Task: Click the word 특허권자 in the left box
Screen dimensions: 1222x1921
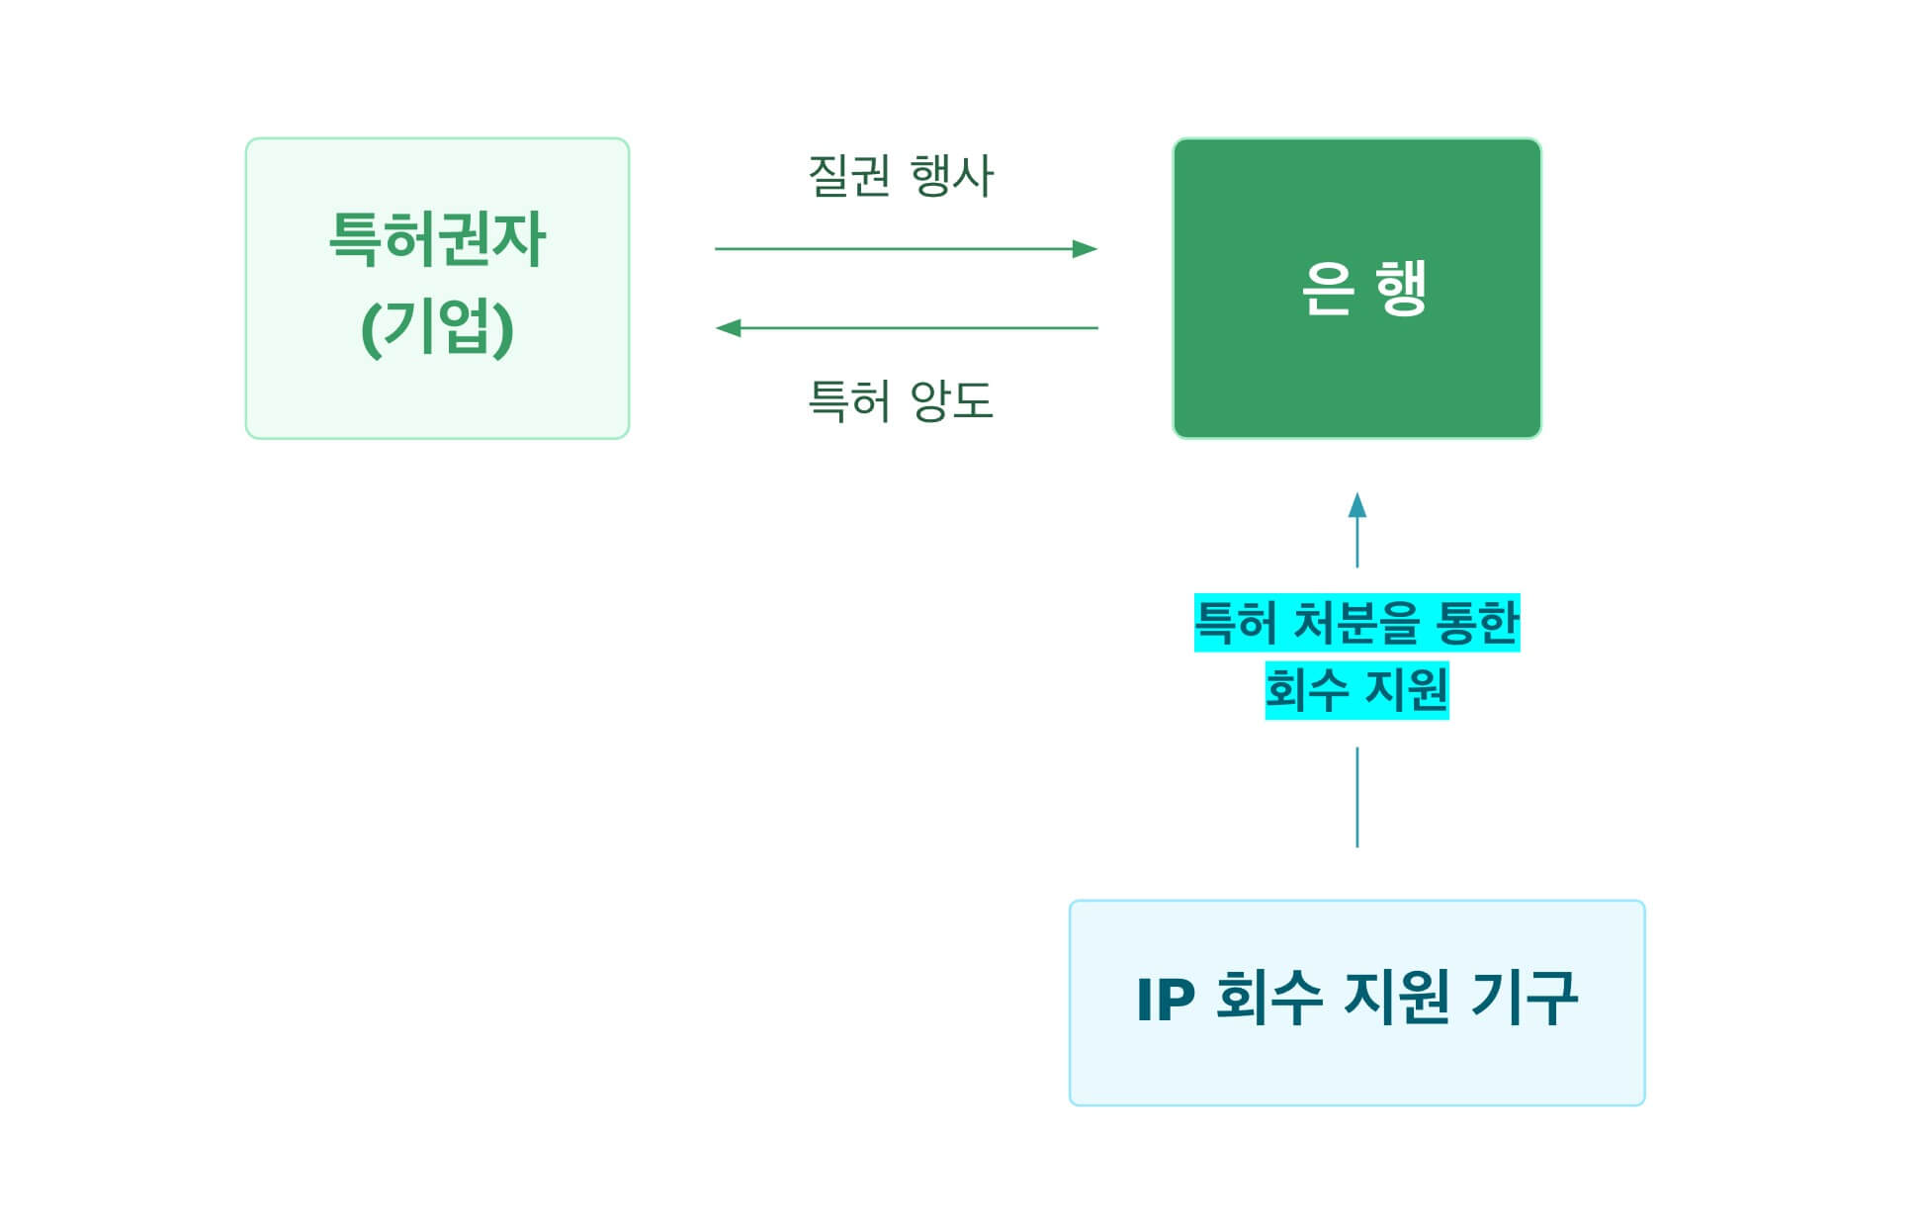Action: tap(436, 240)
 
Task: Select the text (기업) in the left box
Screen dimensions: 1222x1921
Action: tap(437, 329)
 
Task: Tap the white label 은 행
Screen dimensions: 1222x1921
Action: tap(1363, 288)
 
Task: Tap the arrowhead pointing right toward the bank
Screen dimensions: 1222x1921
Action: tap(1085, 249)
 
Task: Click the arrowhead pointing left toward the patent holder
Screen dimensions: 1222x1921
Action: tap(729, 328)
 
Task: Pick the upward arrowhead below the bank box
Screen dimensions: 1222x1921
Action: tap(1357, 506)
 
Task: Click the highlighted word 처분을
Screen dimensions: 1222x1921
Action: tap(1353, 623)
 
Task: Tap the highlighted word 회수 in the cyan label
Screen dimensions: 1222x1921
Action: tap(1302, 690)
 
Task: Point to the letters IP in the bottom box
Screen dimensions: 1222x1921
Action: tap(1166, 1000)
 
